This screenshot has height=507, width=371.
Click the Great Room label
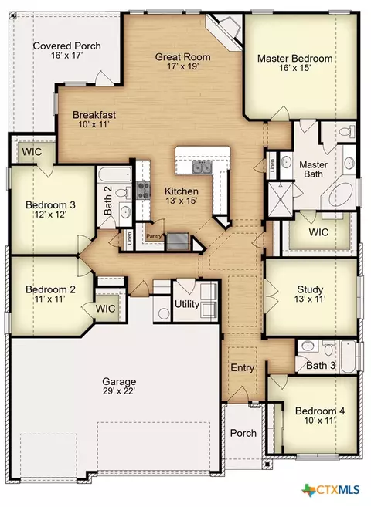pyautogui.click(x=182, y=57)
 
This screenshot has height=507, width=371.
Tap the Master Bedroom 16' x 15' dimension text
pyautogui.click(x=295, y=68)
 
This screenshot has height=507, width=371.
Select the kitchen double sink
pyautogui.click(x=203, y=167)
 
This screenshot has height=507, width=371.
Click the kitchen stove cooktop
pyautogui.click(x=144, y=190)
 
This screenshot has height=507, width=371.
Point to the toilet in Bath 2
pyautogui.click(x=123, y=192)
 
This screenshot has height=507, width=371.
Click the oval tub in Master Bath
pyautogui.click(x=342, y=195)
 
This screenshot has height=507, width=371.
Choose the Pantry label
pyautogui.click(x=154, y=236)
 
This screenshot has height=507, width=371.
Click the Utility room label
pyautogui.click(x=187, y=304)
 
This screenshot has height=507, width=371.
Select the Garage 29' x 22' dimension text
pyautogui.click(x=119, y=391)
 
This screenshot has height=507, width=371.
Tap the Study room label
pyautogui.click(x=310, y=289)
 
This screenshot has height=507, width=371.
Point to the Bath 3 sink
pyautogui.click(x=307, y=346)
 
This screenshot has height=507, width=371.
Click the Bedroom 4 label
pyautogui.click(x=320, y=411)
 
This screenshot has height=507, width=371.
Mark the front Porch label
pyautogui.click(x=243, y=433)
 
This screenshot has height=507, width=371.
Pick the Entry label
pyautogui.click(x=242, y=367)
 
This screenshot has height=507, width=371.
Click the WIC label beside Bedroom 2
pyautogui.click(x=105, y=309)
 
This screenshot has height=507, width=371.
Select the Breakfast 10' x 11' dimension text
pyautogui.click(x=94, y=124)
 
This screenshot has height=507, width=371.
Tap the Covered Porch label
pyautogui.click(x=66, y=46)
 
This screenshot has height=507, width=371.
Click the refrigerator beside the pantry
pyautogui.click(x=178, y=241)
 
